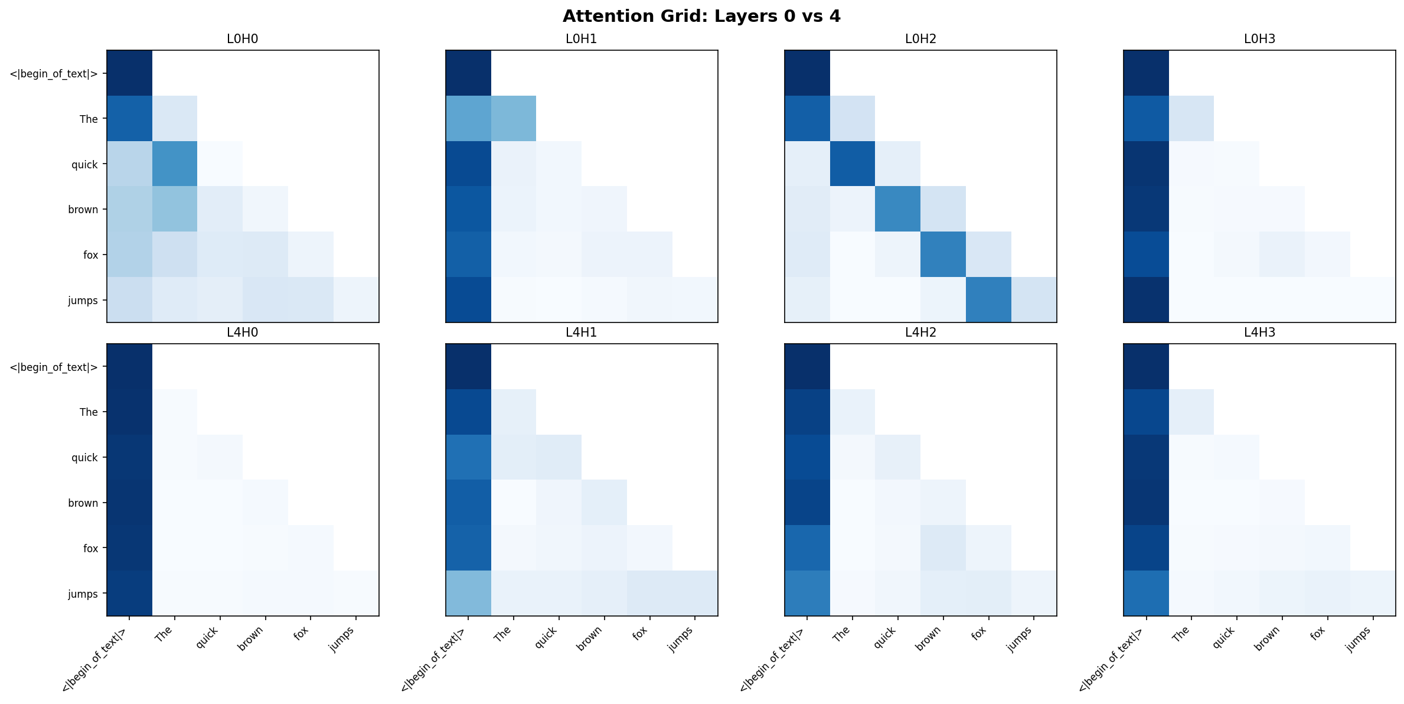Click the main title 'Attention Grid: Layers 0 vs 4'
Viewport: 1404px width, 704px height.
click(x=701, y=16)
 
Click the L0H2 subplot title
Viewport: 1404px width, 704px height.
click(x=920, y=39)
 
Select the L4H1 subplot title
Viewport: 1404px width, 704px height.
click(x=581, y=333)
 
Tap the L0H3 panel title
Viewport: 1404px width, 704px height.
click(x=1259, y=39)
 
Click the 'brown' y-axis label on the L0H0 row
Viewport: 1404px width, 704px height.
click(x=83, y=210)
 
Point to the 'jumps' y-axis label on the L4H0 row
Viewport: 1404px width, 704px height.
click(x=83, y=594)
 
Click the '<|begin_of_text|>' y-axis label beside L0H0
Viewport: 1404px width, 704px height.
click(x=53, y=74)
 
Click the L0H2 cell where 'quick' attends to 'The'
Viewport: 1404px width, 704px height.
click(x=853, y=164)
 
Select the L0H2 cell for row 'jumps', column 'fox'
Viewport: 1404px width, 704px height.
click(x=988, y=299)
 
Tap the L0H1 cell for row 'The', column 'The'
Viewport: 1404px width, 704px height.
click(x=514, y=118)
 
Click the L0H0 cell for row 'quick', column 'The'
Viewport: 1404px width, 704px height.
click(x=175, y=164)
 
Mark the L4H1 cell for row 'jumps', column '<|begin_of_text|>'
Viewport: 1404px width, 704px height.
click(x=468, y=593)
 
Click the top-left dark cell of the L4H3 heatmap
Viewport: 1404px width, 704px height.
click(x=1146, y=366)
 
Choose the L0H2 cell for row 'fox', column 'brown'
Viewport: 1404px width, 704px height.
click(x=943, y=254)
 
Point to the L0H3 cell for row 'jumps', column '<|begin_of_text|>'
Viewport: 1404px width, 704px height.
click(x=1146, y=299)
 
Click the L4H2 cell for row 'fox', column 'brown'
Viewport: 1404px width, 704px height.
click(x=943, y=547)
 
